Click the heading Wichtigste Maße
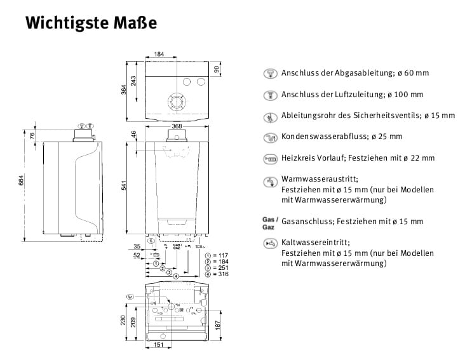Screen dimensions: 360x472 pyautogui.click(x=90, y=23)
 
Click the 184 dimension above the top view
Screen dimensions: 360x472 pyautogui.click(x=159, y=55)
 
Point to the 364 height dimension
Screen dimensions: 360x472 pyautogui.click(x=126, y=90)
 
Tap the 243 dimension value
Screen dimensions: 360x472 pyautogui.click(x=134, y=81)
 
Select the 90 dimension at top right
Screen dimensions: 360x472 pyautogui.click(x=217, y=69)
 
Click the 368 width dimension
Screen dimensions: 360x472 pyautogui.click(x=177, y=126)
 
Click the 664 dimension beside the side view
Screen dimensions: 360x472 pyautogui.click(x=22, y=184)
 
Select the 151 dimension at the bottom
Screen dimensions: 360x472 pyautogui.click(x=159, y=345)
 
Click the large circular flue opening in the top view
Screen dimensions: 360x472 pyautogui.click(x=176, y=102)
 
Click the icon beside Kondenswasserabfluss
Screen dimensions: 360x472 pyautogui.click(x=271, y=137)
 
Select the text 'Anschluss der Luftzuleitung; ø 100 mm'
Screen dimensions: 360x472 pyautogui.click(x=352, y=95)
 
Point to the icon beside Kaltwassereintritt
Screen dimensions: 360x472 pyautogui.click(x=271, y=243)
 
